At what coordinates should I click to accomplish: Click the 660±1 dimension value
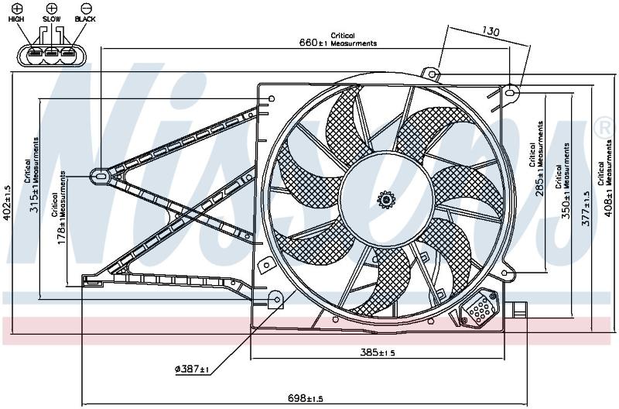tap(313, 42)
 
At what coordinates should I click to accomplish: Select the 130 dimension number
tap(491, 31)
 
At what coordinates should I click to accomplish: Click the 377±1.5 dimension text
tap(586, 208)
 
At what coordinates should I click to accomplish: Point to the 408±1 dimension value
tap(608, 201)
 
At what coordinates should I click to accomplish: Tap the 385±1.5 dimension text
tap(378, 352)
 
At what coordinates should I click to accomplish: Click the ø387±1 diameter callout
tap(192, 369)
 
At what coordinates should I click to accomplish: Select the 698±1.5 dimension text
tap(306, 398)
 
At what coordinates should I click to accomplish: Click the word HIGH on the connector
tap(16, 19)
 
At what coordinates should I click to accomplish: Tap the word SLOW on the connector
tap(52, 19)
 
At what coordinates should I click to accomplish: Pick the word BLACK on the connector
tap(85, 19)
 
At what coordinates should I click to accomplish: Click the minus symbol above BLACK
tap(86, 8)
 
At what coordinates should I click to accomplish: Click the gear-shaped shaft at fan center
tap(386, 200)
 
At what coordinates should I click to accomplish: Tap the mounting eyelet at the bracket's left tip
tap(101, 176)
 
